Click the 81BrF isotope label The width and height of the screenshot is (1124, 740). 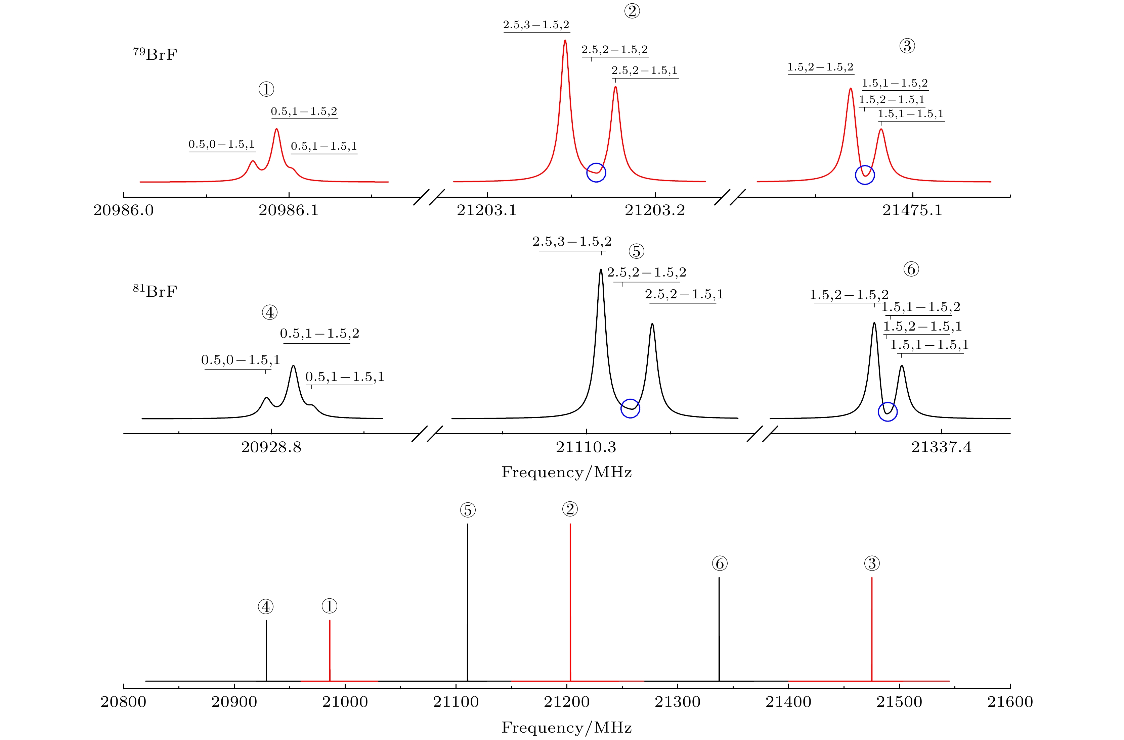[155, 291]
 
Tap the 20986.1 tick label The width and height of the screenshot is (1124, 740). [289, 210]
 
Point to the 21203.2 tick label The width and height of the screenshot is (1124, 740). [655, 210]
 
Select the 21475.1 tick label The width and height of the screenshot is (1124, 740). [912, 210]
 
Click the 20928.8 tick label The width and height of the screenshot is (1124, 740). [271, 447]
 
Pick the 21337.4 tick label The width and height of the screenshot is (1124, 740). [941, 447]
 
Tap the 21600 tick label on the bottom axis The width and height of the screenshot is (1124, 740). [1010, 702]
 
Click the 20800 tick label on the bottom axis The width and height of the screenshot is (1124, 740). [124, 702]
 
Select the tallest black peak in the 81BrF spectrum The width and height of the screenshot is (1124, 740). [601, 271]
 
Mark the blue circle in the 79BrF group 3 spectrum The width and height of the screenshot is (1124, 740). [865, 175]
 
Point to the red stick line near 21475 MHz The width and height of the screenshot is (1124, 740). [871, 628]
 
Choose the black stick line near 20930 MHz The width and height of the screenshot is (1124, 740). [266, 651]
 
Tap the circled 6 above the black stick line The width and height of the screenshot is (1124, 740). [719, 563]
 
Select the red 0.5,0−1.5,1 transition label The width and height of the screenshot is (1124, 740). [221, 144]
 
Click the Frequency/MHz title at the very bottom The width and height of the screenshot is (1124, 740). [566, 727]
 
